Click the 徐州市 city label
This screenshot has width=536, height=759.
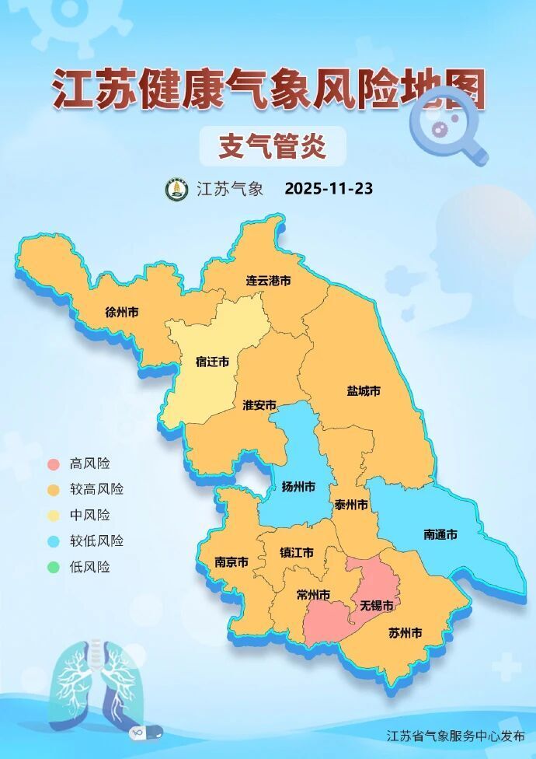coord(122,313)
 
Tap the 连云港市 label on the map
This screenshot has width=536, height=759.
coord(268,280)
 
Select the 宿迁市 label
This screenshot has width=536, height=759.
coord(212,362)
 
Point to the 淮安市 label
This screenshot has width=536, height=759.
coord(259,405)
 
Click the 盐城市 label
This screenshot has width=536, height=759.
coord(364,390)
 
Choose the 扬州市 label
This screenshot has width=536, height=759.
coord(298,488)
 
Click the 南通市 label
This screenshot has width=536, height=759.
coord(440,534)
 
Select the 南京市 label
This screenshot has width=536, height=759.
coord(231,562)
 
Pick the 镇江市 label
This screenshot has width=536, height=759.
coord(297,553)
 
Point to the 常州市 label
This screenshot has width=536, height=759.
coord(313,595)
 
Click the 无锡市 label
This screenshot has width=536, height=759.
coord(376,604)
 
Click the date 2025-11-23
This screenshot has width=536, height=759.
coord(329,189)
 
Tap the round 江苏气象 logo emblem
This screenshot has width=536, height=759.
coord(177,189)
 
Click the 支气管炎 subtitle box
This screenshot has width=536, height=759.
coord(272,145)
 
